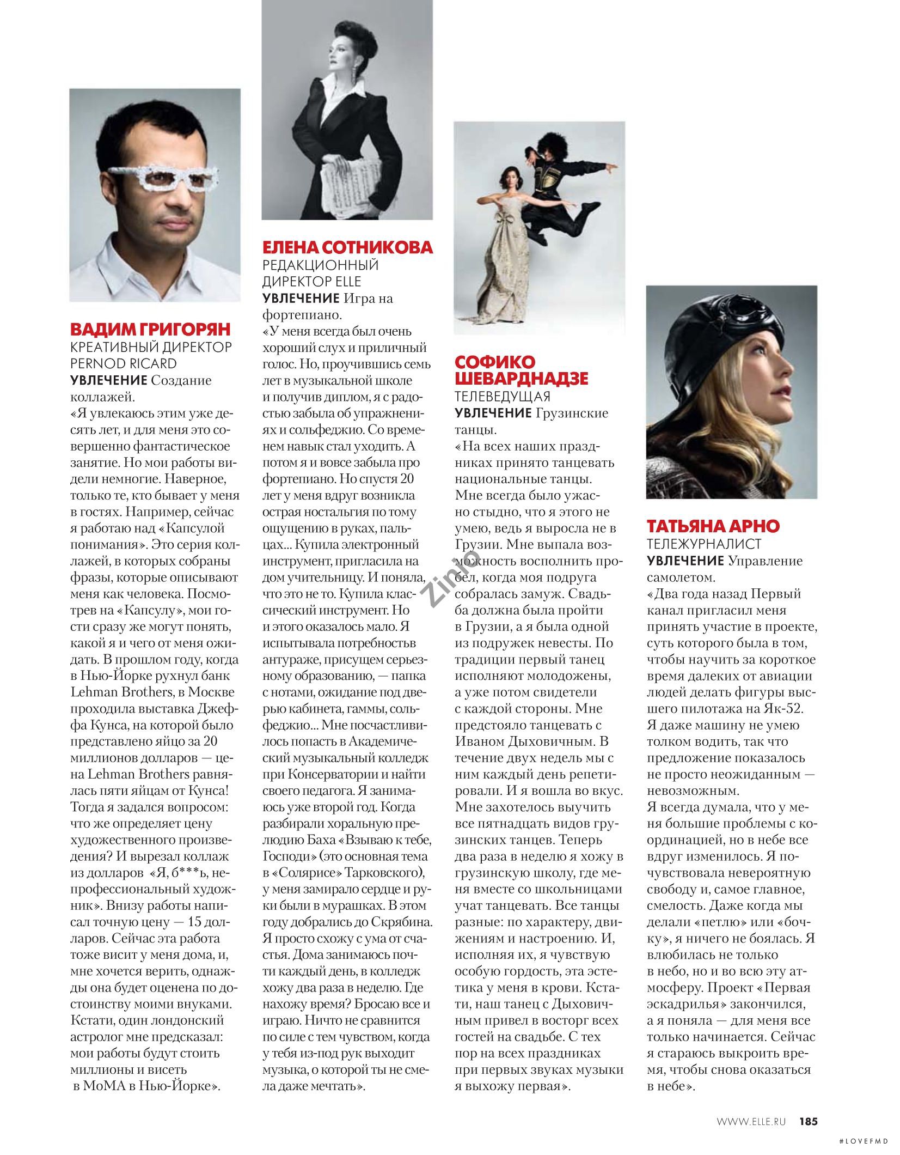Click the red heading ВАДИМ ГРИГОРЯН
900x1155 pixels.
tap(151, 329)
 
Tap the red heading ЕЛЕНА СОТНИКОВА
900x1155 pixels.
tap(347, 248)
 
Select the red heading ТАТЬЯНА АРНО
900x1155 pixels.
tap(713, 526)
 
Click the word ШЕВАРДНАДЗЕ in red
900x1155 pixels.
tap(521, 378)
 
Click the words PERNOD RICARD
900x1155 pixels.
tap(124, 363)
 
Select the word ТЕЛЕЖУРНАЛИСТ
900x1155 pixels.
tap(704, 544)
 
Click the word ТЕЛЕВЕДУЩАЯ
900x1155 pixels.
tap(503, 396)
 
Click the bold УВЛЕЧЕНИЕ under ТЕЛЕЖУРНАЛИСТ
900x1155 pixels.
tap(685, 561)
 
